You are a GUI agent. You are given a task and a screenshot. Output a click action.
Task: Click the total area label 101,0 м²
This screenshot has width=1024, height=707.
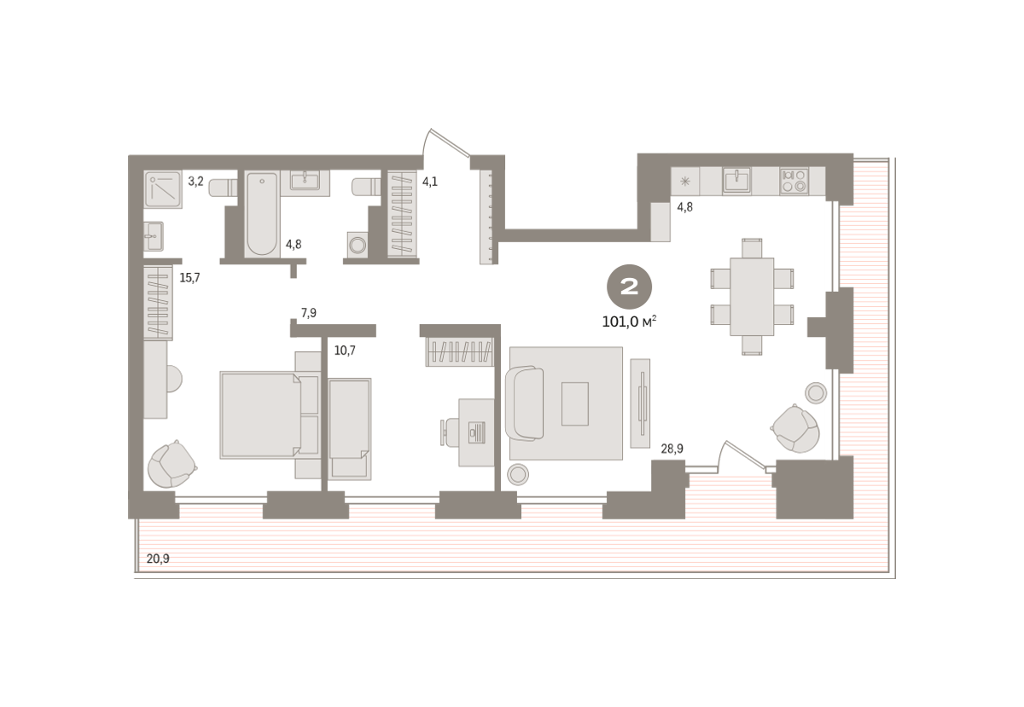[x=629, y=322]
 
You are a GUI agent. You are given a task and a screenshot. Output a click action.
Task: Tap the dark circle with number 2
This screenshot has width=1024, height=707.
[x=629, y=287]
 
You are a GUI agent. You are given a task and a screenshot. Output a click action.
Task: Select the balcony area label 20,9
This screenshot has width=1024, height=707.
[x=158, y=559]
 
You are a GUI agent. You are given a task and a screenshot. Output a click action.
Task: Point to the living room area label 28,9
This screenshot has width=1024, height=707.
[x=672, y=449]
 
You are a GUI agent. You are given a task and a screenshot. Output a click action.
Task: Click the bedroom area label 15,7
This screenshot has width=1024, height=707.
[x=189, y=278]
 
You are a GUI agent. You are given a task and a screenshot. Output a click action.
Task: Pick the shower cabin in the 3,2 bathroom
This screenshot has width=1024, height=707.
[x=163, y=189]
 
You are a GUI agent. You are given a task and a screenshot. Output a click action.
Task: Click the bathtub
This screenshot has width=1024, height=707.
[x=262, y=214]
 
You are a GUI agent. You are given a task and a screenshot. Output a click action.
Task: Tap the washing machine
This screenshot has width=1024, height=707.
[x=358, y=245]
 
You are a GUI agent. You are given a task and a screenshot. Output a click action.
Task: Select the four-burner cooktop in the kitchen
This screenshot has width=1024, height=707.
[x=794, y=181]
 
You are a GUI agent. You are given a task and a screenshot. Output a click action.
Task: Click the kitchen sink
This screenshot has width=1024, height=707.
[x=736, y=180]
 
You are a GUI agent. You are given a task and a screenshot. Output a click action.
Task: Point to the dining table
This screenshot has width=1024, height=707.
[x=752, y=297]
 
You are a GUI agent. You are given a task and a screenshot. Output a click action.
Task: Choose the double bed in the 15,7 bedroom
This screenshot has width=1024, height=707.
[x=269, y=414]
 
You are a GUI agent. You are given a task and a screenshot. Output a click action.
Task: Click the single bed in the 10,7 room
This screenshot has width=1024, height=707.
[x=350, y=429]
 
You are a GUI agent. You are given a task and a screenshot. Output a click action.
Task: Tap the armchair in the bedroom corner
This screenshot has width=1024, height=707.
[x=172, y=464]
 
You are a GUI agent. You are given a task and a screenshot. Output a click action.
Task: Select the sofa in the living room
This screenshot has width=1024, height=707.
[x=524, y=403]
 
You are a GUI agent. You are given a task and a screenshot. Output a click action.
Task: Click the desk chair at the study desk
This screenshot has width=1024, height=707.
[x=449, y=432]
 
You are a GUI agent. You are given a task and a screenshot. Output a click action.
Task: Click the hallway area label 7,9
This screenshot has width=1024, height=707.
[x=309, y=313]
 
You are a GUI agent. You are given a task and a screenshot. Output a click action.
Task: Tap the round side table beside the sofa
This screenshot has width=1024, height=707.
[x=518, y=474]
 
